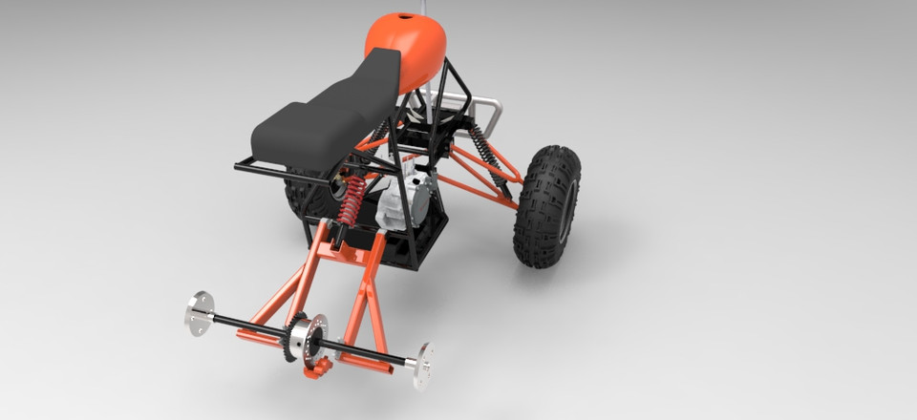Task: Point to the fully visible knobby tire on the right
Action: [x=546, y=205]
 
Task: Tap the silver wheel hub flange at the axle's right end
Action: [x=421, y=366]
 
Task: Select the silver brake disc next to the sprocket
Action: [x=309, y=338]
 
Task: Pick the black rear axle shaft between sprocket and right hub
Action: [x=368, y=351]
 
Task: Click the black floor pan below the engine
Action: [x=420, y=243]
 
